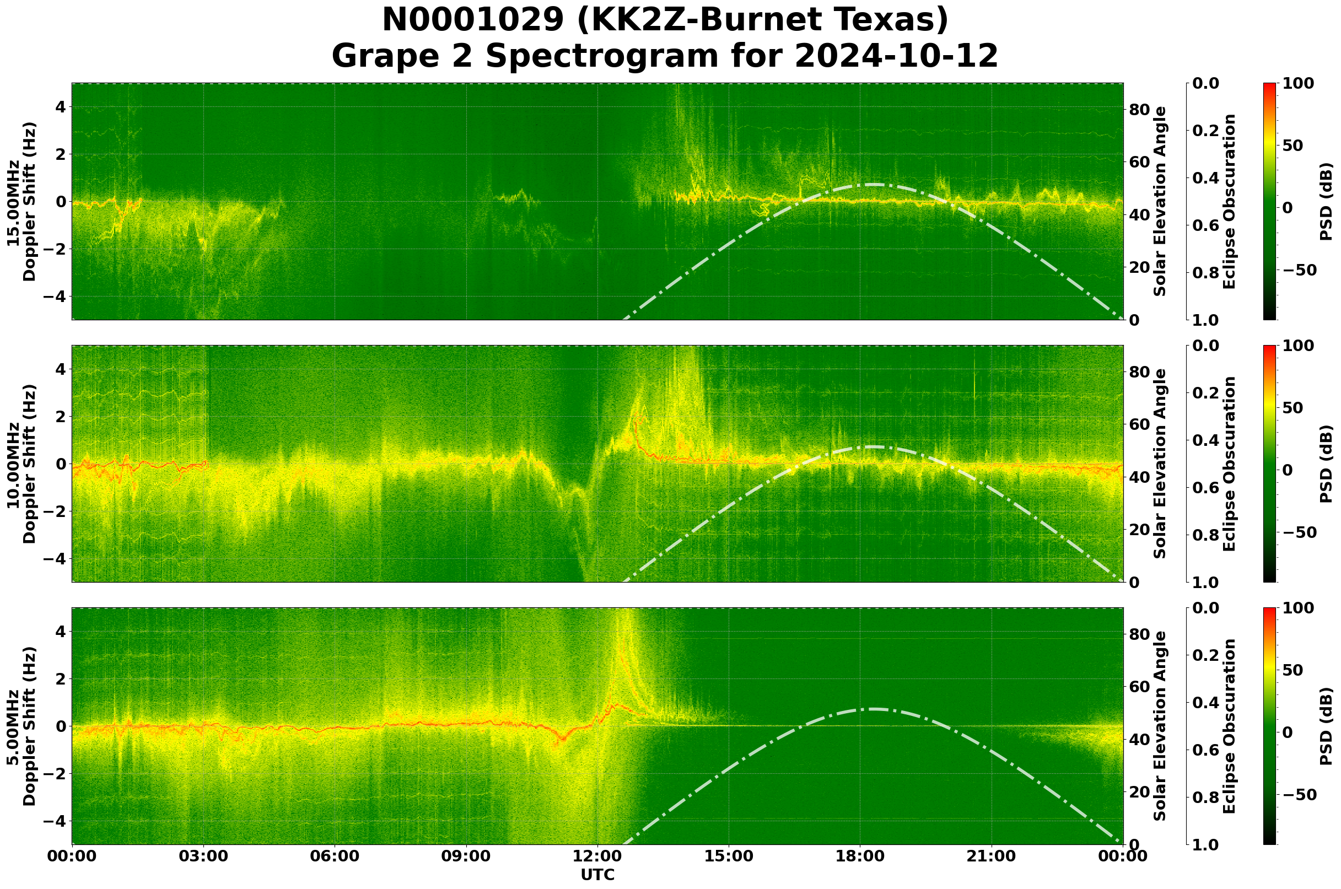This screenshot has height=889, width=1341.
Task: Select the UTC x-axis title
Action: pos(597,874)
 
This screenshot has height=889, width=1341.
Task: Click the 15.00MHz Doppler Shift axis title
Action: pos(21,202)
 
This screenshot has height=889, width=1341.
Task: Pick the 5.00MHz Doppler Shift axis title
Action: pos(21,726)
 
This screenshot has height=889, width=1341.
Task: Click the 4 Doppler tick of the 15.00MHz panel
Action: pos(60,107)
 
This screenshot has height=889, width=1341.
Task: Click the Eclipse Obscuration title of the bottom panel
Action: pos(1229,726)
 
